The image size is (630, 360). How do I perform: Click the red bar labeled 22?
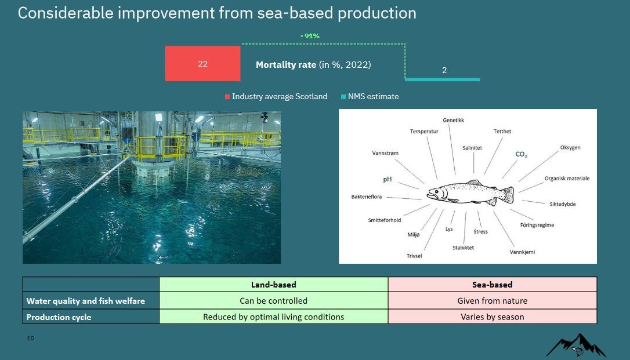point(202,64)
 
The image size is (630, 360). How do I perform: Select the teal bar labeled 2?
point(443,79)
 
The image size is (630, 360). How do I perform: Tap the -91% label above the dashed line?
point(310,36)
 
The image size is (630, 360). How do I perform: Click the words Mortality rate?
point(286,65)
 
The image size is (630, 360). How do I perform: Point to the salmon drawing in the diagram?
point(470,193)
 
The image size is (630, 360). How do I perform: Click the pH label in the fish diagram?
point(387,179)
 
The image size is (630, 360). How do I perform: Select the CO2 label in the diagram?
point(521,155)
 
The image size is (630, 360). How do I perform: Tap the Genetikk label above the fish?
point(453,121)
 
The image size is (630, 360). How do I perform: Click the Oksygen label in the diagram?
point(570,147)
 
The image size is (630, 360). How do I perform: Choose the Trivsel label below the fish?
point(414,256)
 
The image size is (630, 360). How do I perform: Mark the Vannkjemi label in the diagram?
point(522,252)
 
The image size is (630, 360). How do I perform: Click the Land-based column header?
point(273,285)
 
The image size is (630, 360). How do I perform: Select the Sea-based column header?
point(492,285)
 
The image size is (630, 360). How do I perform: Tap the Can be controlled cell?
point(273,301)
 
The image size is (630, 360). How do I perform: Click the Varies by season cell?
point(492,317)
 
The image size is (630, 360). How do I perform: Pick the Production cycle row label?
point(59,317)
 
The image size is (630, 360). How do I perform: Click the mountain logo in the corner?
point(575,346)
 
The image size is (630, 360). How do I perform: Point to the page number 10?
point(31,338)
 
